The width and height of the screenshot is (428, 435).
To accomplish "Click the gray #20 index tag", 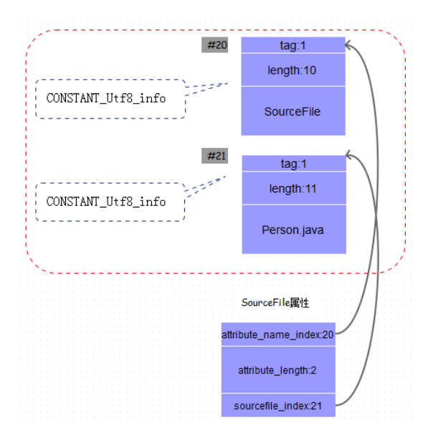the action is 214,45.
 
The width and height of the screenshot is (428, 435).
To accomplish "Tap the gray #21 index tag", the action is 214,156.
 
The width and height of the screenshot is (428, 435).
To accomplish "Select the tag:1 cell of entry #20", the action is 293,45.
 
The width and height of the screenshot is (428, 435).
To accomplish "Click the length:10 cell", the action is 293,70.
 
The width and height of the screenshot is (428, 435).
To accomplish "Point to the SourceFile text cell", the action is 293,111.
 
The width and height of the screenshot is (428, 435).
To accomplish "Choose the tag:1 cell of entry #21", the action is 294,164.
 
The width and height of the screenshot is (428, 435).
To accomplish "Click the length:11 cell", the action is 294,188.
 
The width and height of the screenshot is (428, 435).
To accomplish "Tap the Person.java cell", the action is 294,230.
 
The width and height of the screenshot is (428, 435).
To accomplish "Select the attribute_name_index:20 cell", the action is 278,335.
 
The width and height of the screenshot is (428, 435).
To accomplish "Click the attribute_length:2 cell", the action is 278,370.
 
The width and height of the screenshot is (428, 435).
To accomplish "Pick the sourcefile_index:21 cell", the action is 278,406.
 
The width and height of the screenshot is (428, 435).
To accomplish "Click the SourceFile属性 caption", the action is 275,303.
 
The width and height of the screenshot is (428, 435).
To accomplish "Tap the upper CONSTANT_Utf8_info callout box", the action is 110,99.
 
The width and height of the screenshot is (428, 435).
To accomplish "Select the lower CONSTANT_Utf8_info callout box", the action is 110,202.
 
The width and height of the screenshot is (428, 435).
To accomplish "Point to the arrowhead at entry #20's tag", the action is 346,45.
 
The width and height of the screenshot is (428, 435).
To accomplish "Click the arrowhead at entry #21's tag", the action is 347,155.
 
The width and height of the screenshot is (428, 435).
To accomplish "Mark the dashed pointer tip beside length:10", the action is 227,83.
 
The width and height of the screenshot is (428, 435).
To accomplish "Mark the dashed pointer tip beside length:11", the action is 226,176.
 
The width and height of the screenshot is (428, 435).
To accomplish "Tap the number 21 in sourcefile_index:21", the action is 316,406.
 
